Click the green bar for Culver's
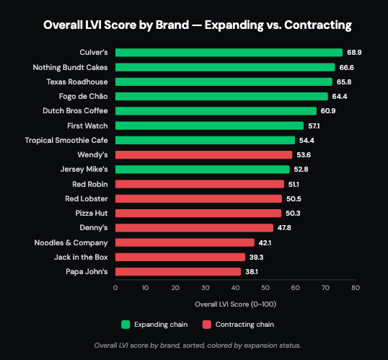coord(229,53)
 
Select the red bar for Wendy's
coord(203,154)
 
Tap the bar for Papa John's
coord(178,271)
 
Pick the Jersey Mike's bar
coord(203,170)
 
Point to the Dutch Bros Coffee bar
coord(216,111)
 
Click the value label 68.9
coord(354,53)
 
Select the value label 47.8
coord(284,228)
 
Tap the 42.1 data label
coord(265,243)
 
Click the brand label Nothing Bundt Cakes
coord(70,67)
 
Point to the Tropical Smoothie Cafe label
coord(66,141)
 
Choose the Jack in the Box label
coord(81,258)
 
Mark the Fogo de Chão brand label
coord(84,97)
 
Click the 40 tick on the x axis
coord(235,288)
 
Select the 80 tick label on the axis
coord(356,288)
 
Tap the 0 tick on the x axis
coord(115,288)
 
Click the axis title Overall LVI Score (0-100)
coord(235,304)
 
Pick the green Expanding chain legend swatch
coord(125,325)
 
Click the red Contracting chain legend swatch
coord(206,325)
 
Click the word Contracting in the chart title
coord(318,25)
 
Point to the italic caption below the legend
coord(198,346)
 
